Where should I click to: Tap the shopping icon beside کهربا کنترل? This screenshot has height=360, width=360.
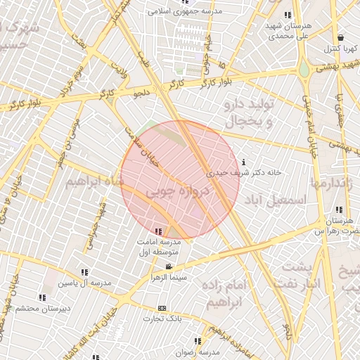point(340,38)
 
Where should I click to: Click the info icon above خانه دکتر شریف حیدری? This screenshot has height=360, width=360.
point(243,162)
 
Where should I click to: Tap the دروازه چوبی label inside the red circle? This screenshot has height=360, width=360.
point(179,191)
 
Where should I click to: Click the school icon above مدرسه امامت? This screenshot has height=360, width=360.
point(158,231)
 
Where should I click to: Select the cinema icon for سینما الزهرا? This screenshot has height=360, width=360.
point(169,267)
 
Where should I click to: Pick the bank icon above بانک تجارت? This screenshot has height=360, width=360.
point(162,308)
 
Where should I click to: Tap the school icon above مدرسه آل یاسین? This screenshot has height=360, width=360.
point(84,272)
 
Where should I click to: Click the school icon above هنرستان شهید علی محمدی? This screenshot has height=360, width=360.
point(287,15)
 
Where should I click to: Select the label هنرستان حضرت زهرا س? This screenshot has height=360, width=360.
point(336,225)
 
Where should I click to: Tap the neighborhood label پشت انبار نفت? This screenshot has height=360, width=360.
point(314,276)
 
